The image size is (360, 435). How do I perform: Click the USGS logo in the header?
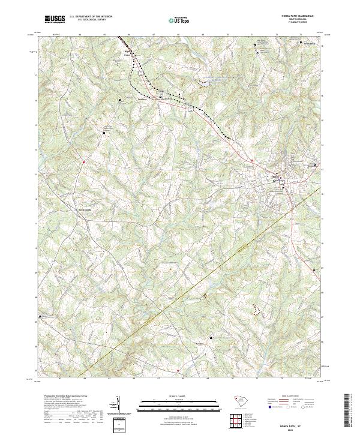tap(55, 19)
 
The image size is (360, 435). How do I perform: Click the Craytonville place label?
tap(88, 209)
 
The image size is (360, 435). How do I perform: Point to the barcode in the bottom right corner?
tap(351, 413)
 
